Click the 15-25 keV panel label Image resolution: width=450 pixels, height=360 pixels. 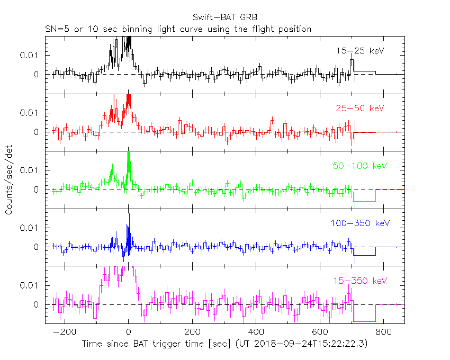tap(359, 51)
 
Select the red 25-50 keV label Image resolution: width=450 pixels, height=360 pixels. tap(359, 109)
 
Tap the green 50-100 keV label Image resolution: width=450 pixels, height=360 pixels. tap(358, 166)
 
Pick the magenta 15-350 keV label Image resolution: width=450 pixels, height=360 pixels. tap(359, 281)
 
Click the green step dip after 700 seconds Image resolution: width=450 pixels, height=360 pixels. tap(365, 202)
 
